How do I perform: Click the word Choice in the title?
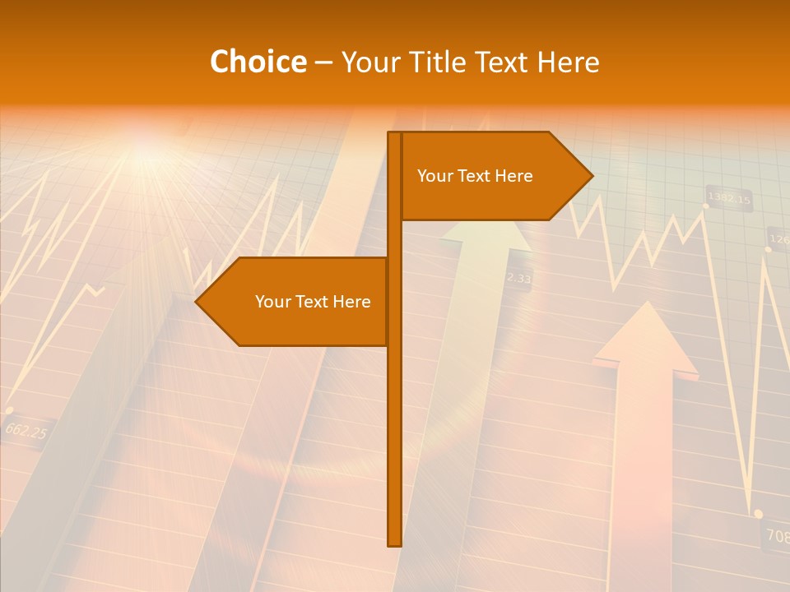coord(258,62)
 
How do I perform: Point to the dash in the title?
coord(323,62)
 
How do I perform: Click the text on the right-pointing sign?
coord(475,176)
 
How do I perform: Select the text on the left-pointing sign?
coord(313,302)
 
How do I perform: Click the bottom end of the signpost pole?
coord(394,543)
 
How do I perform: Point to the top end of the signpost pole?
coord(394,135)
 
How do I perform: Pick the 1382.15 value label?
coord(729,199)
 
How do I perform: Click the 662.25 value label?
coord(26,430)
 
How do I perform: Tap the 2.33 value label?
coord(518,279)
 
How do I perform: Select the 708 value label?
coord(777,535)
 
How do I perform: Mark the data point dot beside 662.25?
coord(9,409)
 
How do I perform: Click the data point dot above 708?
coord(758,513)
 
